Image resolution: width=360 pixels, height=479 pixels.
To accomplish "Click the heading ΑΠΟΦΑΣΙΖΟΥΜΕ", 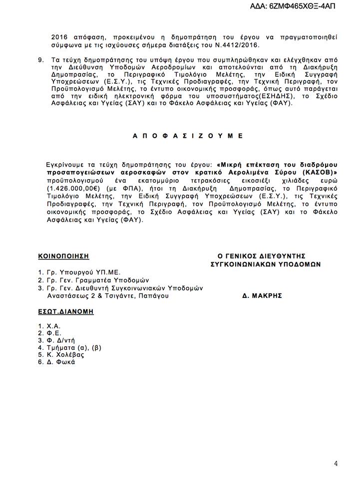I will [189, 135].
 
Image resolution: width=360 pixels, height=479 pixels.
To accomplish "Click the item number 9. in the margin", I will [41, 59].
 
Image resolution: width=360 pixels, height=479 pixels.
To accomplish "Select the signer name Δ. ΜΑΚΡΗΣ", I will [262, 295].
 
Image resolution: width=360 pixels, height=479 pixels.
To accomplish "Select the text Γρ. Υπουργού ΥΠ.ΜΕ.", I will [83, 272].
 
